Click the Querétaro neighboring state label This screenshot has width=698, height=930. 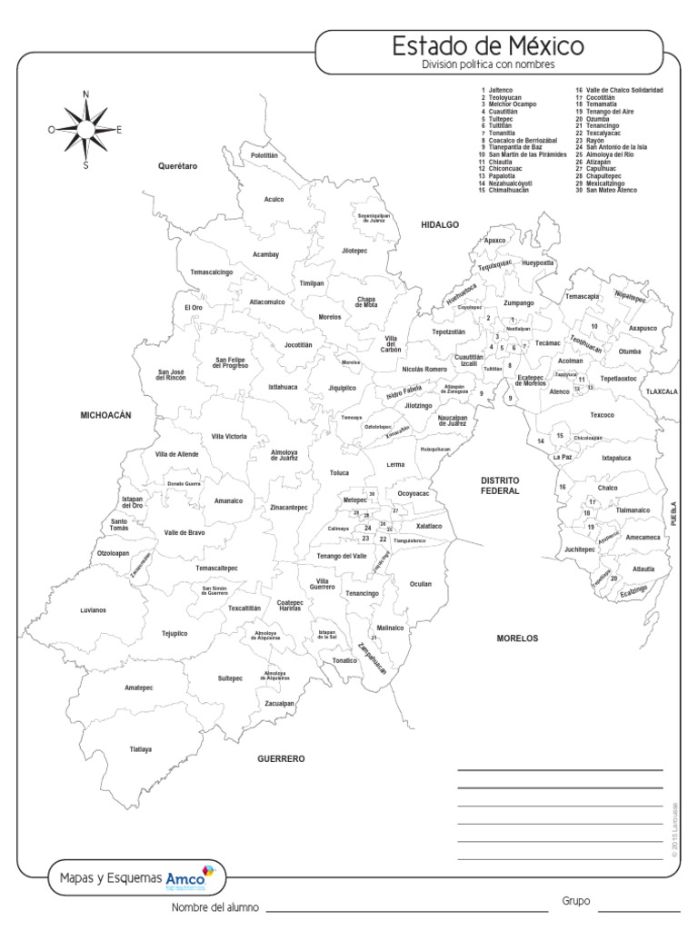[x=177, y=166]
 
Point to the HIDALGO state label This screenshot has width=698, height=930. [x=440, y=223]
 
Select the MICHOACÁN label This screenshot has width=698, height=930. [x=106, y=414]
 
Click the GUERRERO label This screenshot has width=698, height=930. [x=281, y=757]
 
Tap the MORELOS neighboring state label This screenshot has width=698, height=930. [x=517, y=638]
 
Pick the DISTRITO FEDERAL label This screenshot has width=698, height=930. [x=499, y=484]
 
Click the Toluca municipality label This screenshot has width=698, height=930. [x=339, y=473]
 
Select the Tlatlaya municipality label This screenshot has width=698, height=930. [x=141, y=749]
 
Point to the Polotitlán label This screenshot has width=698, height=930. [x=264, y=155]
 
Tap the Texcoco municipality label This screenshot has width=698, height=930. [x=603, y=415]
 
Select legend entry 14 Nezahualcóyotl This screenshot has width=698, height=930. [x=514, y=184]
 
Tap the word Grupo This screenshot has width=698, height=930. [x=576, y=901]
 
